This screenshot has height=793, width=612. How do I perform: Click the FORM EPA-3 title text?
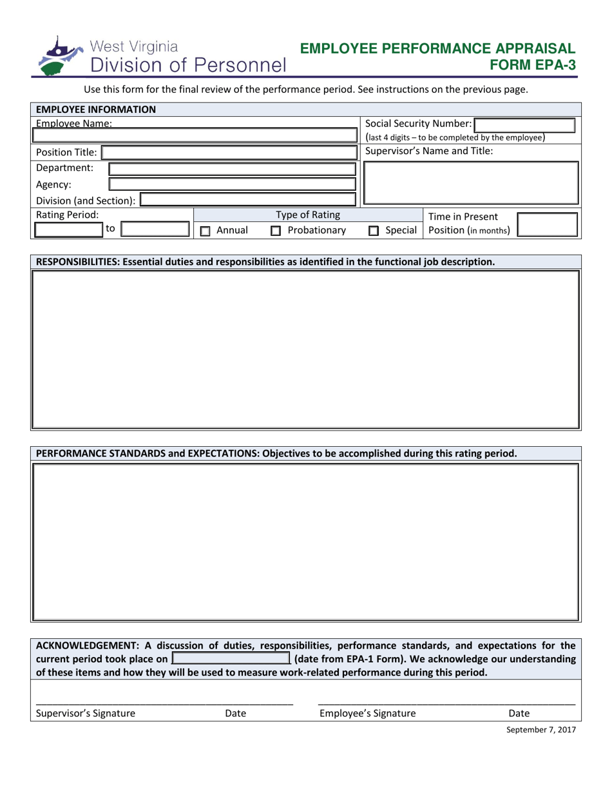click(533, 64)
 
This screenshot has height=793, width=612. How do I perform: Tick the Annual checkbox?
click(206, 231)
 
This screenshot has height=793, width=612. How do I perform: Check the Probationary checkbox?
click(276, 231)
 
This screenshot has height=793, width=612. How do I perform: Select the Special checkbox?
click(373, 231)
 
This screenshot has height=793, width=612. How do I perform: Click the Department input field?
click(232, 169)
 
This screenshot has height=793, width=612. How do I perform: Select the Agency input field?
click(232, 184)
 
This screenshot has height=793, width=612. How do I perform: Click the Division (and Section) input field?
click(247, 201)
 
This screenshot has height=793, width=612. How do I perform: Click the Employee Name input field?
click(195, 136)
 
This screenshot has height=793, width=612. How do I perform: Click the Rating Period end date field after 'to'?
click(155, 230)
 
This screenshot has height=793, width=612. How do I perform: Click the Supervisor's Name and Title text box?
click(471, 183)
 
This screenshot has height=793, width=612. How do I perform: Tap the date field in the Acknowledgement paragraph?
click(231, 659)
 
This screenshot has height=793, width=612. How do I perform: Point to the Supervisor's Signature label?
click(86, 713)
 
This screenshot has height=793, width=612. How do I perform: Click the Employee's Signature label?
click(368, 713)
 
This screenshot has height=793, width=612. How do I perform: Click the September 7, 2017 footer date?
click(540, 730)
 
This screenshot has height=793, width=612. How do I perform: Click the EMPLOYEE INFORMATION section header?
click(96, 110)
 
